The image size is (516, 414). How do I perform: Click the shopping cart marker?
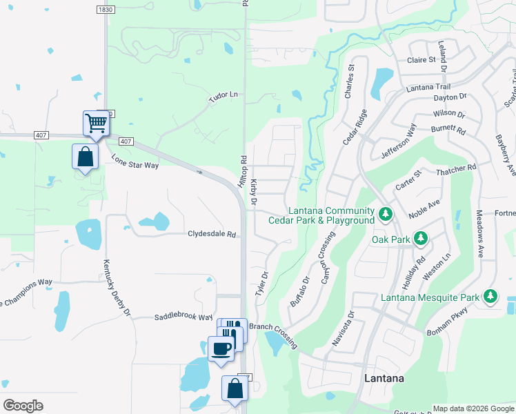(97, 124)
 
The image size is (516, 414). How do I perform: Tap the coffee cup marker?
(221, 348)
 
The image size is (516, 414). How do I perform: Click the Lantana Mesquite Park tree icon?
(490, 297)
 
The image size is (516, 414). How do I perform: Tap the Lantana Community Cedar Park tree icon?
(386, 215)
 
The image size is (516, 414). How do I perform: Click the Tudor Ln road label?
(223, 97)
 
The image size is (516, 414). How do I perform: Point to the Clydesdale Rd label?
(212, 234)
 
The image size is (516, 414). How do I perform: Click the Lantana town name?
(384, 379)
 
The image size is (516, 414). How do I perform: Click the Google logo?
(23, 405)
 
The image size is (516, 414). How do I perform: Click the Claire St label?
(421, 60)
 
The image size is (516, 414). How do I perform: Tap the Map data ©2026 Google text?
(473, 408)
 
